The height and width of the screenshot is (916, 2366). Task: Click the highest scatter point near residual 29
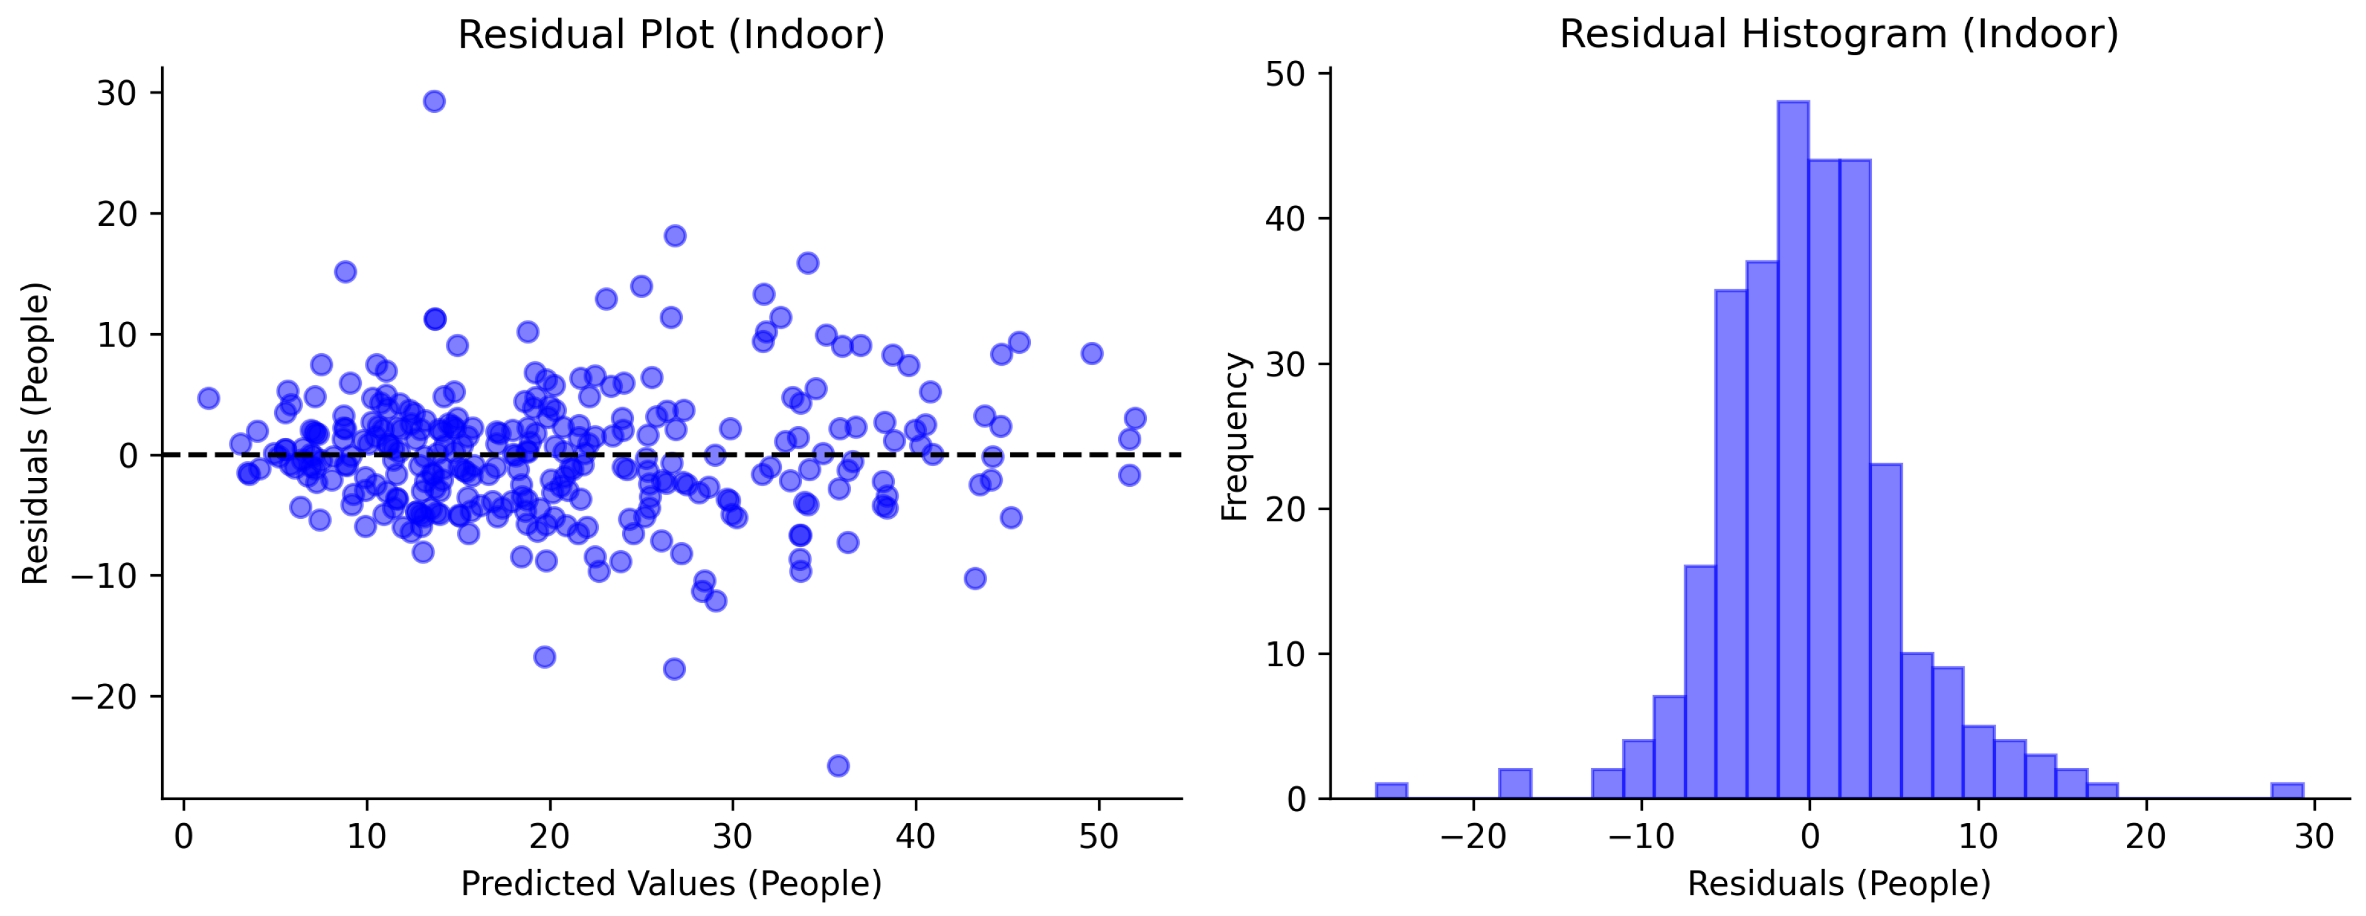click(435, 101)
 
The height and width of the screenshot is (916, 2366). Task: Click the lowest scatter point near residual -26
click(838, 765)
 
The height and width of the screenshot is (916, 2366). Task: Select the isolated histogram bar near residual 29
click(2287, 791)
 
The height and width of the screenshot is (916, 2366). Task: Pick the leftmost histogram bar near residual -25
click(1392, 791)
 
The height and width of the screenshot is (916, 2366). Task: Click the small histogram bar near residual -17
click(1514, 784)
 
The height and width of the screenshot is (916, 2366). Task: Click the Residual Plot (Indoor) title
click(670, 35)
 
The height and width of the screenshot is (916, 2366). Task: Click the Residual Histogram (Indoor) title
click(1839, 35)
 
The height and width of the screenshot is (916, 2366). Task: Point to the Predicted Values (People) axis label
click(670, 884)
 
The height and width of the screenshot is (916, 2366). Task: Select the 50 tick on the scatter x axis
click(1099, 837)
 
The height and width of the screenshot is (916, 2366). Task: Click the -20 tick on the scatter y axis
click(104, 697)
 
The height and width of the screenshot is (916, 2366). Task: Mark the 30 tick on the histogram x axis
click(2315, 837)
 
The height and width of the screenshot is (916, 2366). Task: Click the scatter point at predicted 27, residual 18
click(675, 236)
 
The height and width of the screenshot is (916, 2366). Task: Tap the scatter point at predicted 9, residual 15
click(346, 272)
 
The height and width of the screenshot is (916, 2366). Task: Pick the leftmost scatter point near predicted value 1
click(208, 398)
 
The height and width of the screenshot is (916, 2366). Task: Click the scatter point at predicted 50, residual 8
click(1091, 354)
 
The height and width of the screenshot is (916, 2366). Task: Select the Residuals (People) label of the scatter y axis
click(35, 433)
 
